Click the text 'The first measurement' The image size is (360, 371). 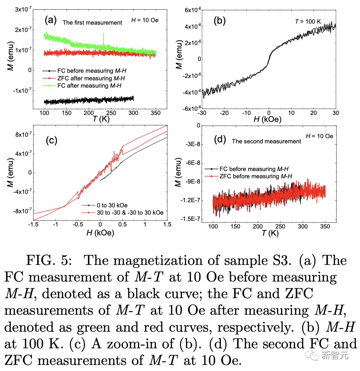92,23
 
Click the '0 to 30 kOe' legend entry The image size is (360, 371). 110,206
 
